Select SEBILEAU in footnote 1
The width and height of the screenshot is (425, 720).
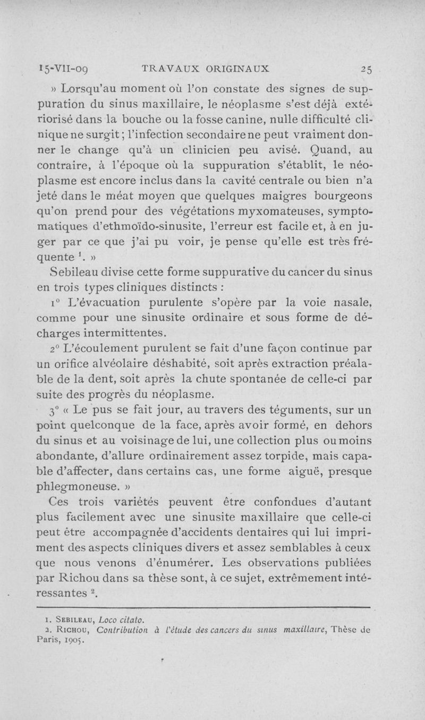[x=77, y=619]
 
